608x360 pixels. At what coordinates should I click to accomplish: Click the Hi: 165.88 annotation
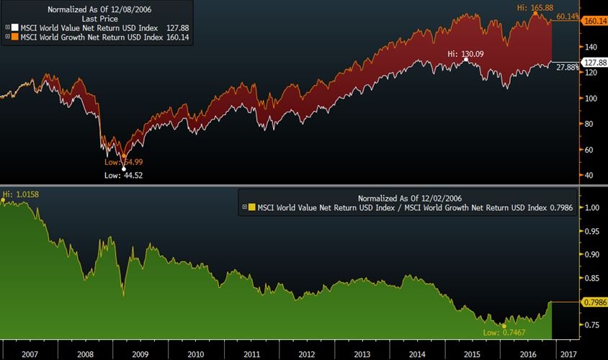(536, 8)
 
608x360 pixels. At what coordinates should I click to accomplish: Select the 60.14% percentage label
(565, 17)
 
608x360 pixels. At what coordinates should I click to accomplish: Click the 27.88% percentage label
(565, 67)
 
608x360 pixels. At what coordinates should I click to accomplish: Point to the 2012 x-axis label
(307, 354)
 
